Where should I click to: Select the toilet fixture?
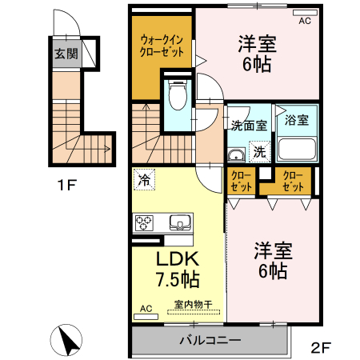[178, 95]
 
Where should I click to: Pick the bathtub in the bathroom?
[297, 148]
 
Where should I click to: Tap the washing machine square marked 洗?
[259, 150]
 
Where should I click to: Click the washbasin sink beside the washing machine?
[235, 153]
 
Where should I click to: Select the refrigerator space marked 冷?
[144, 181]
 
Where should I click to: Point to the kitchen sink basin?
[178, 222]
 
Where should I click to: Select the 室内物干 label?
[193, 304]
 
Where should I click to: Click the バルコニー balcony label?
[210, 339]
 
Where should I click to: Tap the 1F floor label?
[66, 186]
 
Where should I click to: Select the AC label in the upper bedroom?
[304, 22]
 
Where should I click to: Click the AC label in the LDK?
[146, 308]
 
